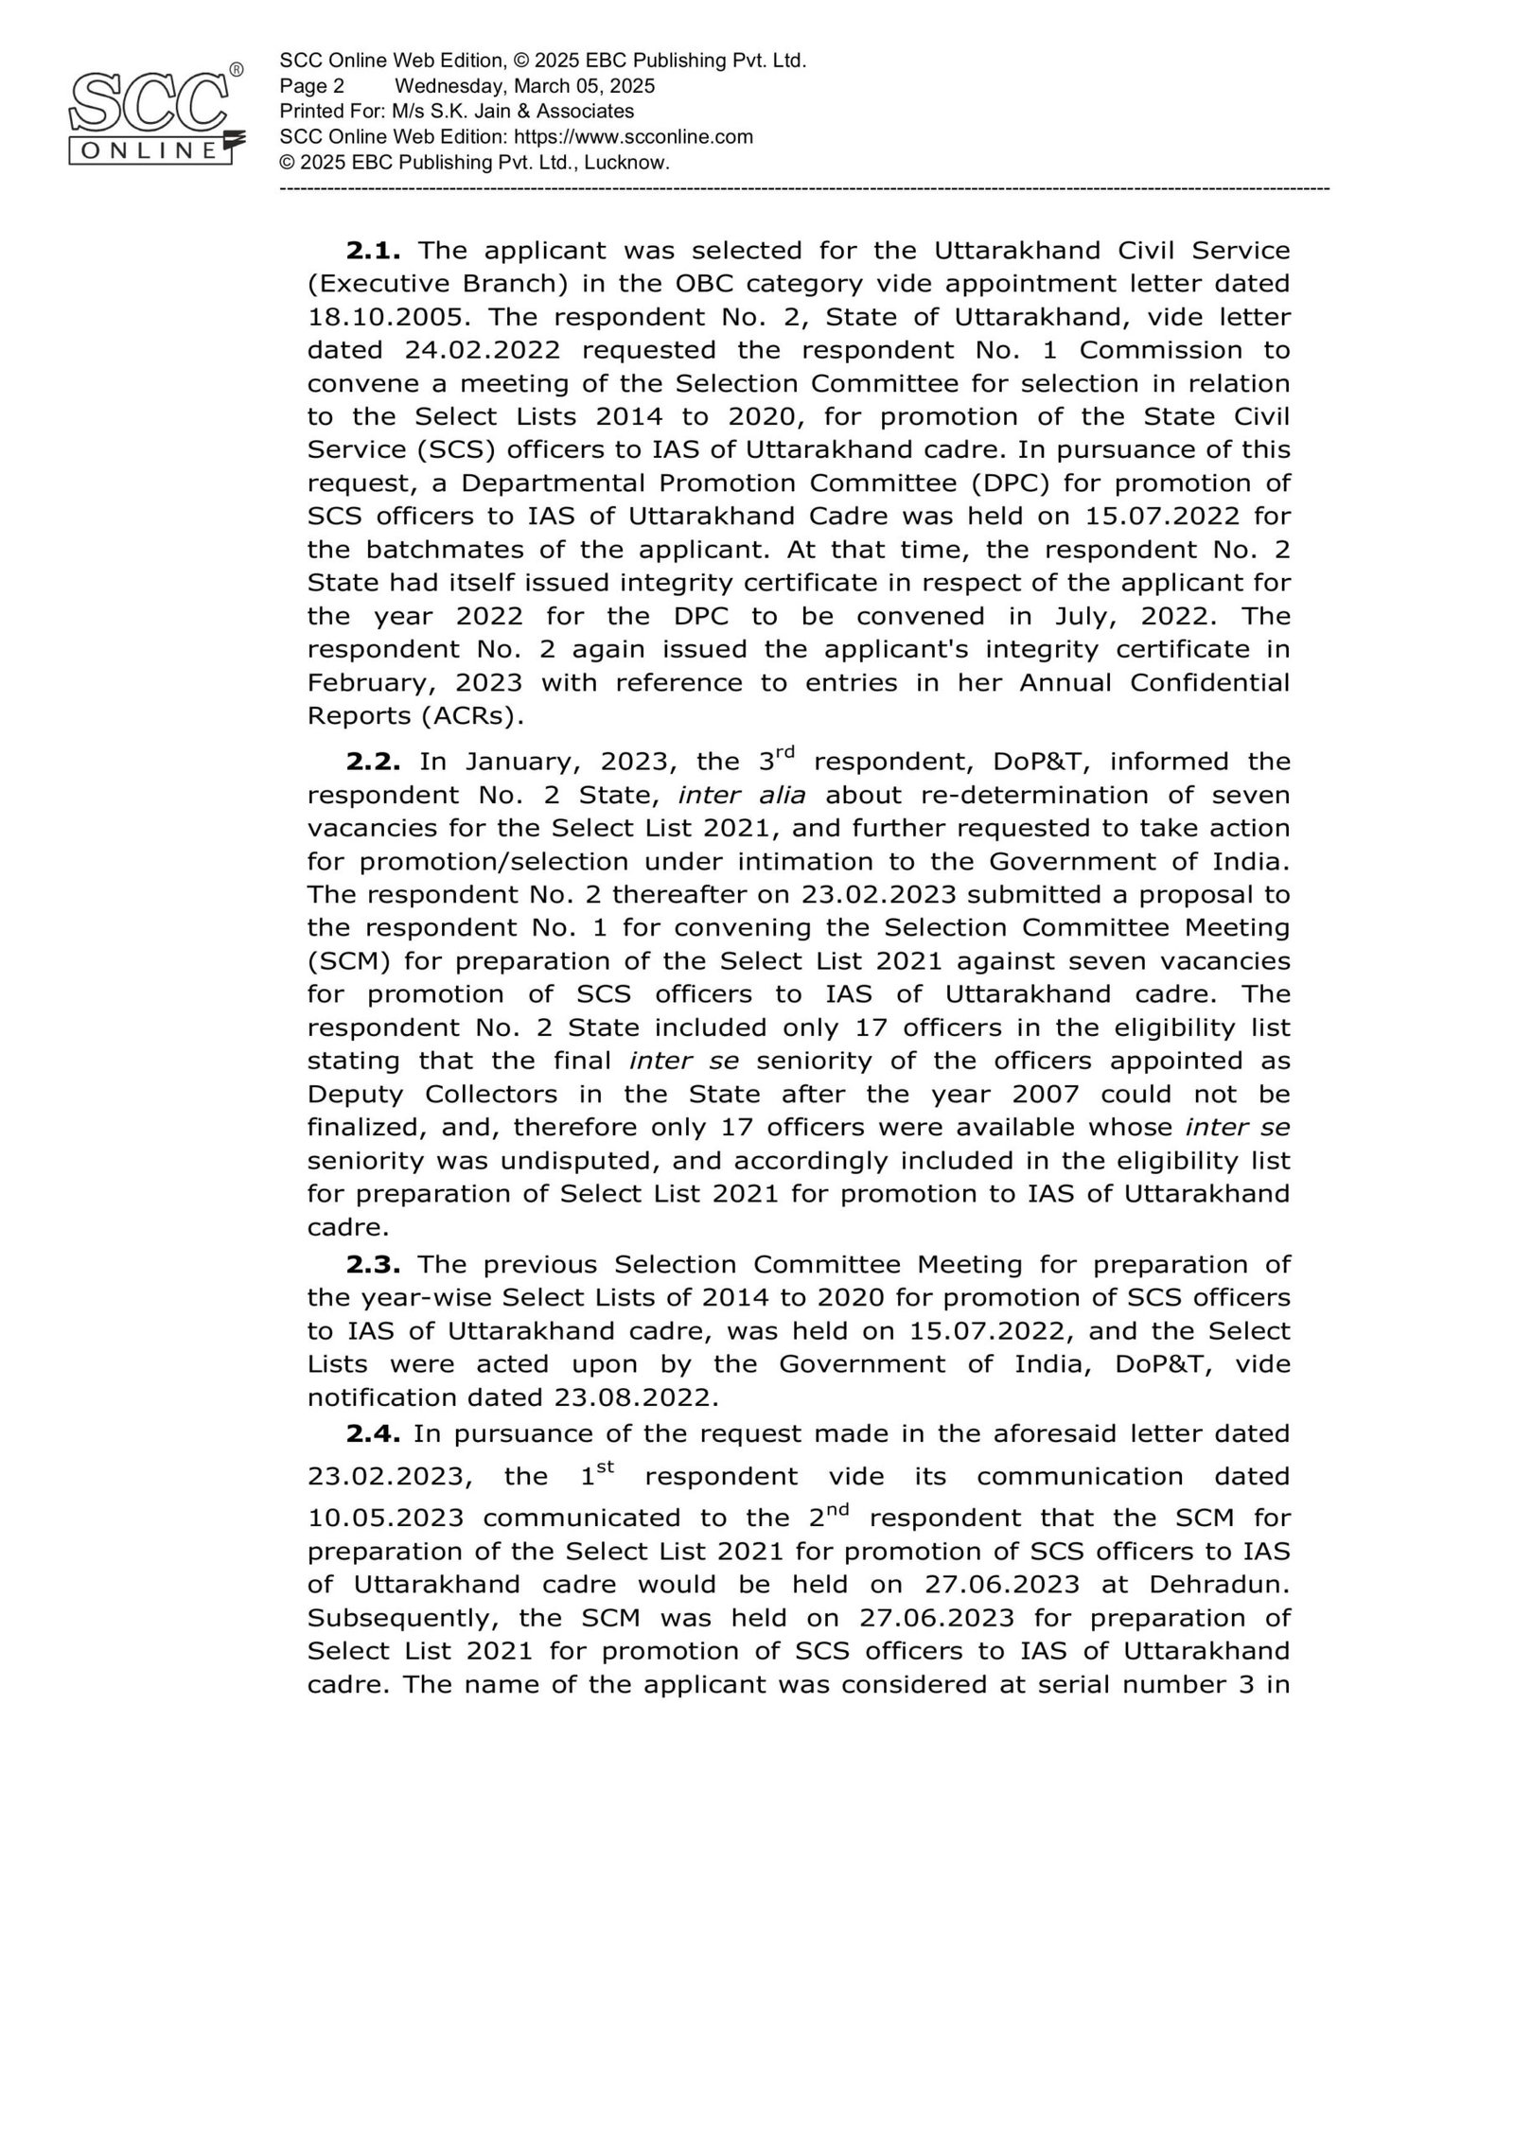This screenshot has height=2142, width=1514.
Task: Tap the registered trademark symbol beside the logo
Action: [x=237, y=69]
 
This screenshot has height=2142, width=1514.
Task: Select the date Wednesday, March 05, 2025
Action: [x=524, y=86]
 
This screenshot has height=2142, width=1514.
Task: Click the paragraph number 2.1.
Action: [x=374, y=251]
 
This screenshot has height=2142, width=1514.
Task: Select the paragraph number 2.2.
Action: [x=374, y=762]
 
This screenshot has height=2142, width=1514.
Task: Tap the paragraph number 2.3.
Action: [x=374, y=1264]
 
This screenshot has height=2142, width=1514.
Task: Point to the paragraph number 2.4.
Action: [x=374, y=1433]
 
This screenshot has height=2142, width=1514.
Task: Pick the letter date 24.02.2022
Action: [x=483, y=350]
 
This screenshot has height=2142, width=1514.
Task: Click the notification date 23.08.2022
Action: [x=630, y=1397]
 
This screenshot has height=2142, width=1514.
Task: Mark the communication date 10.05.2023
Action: [x=385, y=1518]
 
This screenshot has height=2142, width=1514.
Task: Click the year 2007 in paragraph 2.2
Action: [x=1046, y=1094]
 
